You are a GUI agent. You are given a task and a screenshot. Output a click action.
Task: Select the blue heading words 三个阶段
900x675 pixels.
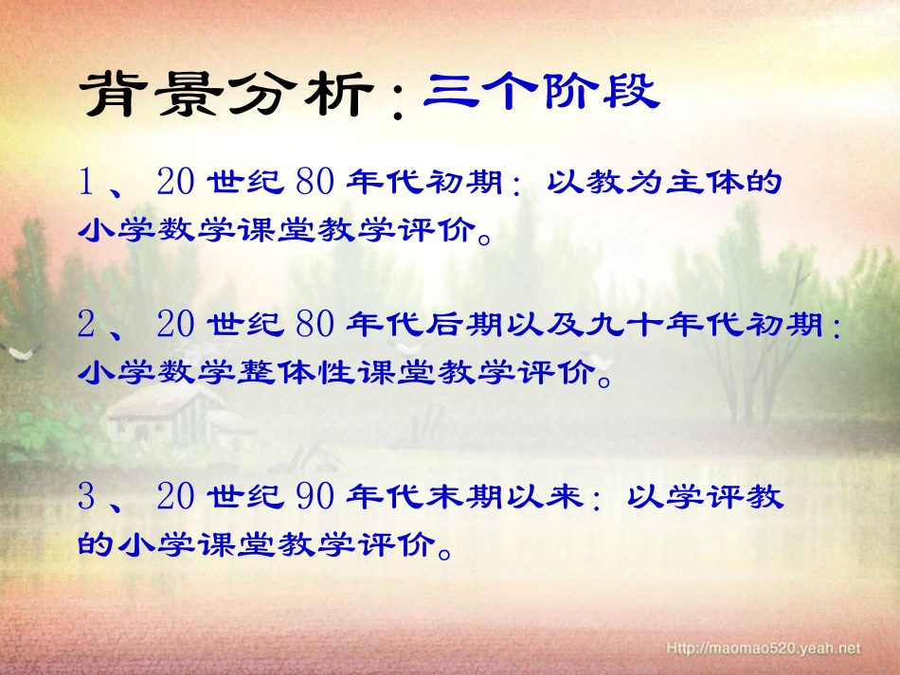[540, 93]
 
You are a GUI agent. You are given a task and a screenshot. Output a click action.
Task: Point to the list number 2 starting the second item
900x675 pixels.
[86, 327]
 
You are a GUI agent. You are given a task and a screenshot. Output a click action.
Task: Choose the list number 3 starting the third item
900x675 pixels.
[86, 497]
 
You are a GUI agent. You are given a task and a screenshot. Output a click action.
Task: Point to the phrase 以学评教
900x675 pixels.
[707, 497]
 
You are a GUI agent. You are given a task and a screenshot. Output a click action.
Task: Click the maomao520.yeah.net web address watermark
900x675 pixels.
[764, 648]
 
